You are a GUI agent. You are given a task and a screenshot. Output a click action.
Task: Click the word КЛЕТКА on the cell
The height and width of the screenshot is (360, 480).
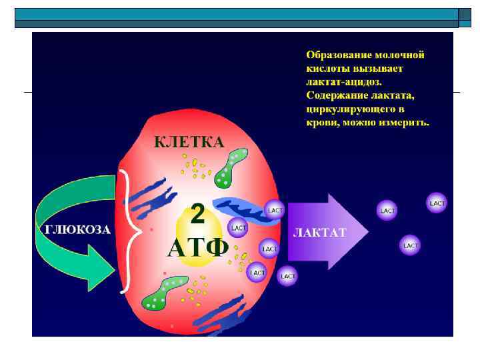pyautogui.click(x=189, y=142)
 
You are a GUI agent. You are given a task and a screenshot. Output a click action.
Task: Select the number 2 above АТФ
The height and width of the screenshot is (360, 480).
pyautogui.click(x=198, y=215)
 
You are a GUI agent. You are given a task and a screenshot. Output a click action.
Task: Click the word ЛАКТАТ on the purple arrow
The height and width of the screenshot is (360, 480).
pyautogui.click(x=320, y=233)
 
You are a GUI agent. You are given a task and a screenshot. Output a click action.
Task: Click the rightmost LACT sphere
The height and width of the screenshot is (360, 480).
pyautogui.click(x=437, y=203)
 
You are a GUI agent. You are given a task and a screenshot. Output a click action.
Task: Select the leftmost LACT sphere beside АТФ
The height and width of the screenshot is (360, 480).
pyautogui.click(x=238, y=227)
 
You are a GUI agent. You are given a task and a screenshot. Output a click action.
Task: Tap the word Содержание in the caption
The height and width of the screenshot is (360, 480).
pyautogui.click(x=333, y=95)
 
